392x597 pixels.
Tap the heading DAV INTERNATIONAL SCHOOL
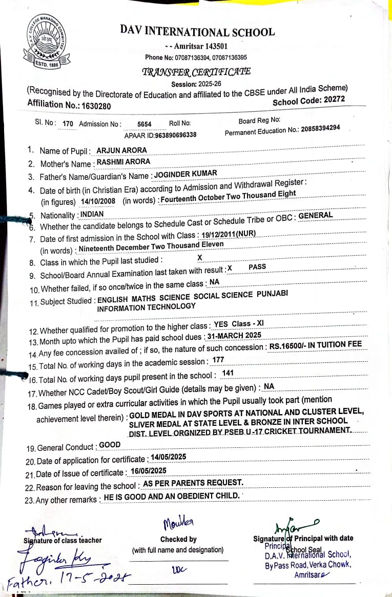(197, 31)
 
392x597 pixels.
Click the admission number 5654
(145, 124)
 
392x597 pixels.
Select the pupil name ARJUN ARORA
(121, 150)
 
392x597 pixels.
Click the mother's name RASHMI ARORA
(123, 162)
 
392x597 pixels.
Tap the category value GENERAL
(315, 216)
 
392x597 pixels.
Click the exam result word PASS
(257, 267)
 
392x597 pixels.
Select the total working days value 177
(218, 360)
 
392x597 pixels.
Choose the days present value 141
(228, 373)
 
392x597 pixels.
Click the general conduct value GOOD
(110, 445)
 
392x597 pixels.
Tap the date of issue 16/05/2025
(148, 470)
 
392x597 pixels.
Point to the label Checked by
(178, 539)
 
